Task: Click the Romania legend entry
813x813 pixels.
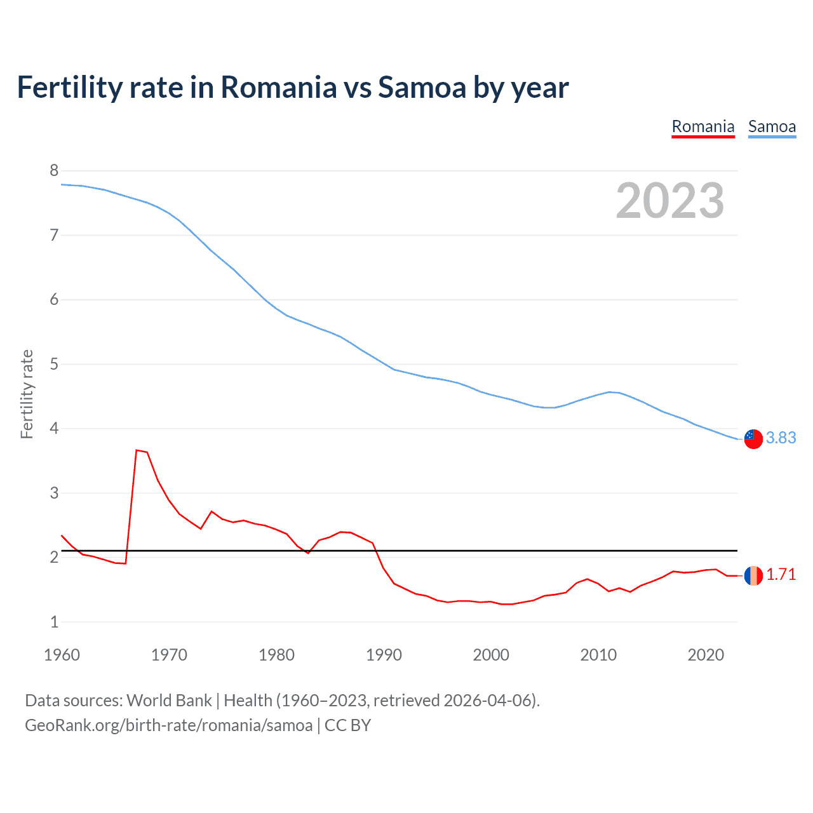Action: click(x=703, y=127)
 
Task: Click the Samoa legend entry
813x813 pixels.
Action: click(x=772, y=127)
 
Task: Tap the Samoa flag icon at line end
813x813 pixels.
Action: click(x=753, y=438)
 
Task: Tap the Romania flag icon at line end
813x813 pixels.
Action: click(x=753, y=575)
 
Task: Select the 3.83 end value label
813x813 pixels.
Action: click(x=781, y=438)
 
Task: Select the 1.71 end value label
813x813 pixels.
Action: click(x=781, y=575)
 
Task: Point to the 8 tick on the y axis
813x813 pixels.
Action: click(x=54, y=170)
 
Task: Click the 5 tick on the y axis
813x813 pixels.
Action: click(x=54, y=364)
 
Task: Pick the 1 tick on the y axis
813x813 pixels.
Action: click(x=54, y=622)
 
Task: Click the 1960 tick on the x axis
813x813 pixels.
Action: click(x=62, y=655)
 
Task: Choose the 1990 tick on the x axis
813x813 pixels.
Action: click(x=384, y=655)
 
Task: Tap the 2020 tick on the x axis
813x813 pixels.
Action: click(x=706, y=655)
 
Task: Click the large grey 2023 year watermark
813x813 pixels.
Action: click(x=670, y=201)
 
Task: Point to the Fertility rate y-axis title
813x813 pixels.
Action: click(x=27, y=394)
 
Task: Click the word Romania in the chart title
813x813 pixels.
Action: click(x=278, y=88)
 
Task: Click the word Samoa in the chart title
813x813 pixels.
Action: click(x=422, y=88)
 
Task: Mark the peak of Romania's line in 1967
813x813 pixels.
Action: click(x=137, y=450)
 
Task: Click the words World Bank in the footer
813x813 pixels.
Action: click(x=169, y=701)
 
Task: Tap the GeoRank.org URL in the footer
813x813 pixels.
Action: click(x=168, y=725)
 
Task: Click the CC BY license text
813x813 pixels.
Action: click(x=347, y=725)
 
